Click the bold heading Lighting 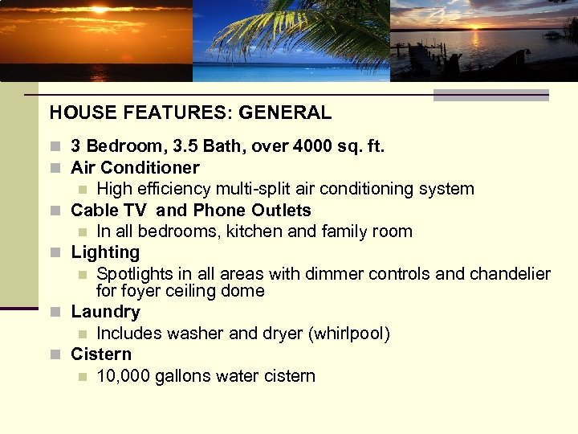point(105,252)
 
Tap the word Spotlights point(135,274)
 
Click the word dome point(244,290)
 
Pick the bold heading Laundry point(105,312)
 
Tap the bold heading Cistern point(101,354)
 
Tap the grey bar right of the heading point(490,96)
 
